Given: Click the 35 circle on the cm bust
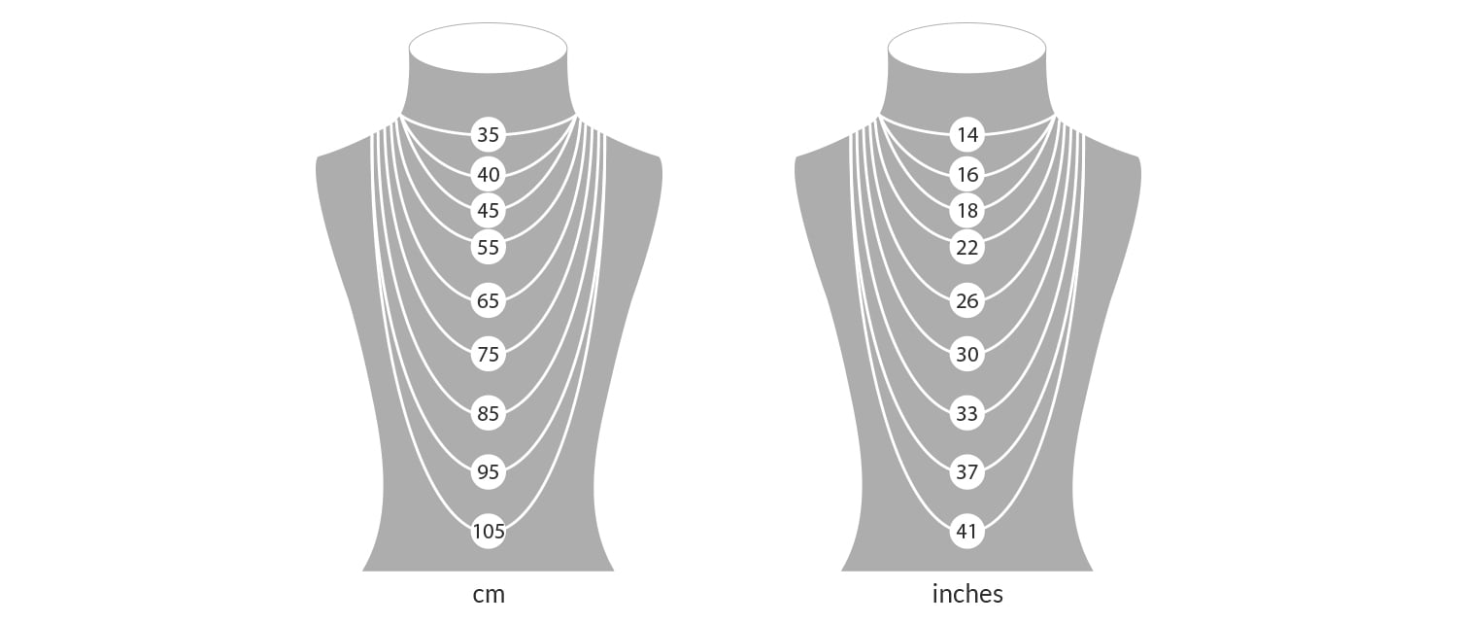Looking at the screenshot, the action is coord(489,135).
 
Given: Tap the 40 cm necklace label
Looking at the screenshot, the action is coord(489,174).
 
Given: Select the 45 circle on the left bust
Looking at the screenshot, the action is coord(489,211).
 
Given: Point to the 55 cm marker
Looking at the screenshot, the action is coord(489,247).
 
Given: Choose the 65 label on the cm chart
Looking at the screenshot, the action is coord(489,300).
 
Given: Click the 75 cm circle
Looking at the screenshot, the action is coord(489,354).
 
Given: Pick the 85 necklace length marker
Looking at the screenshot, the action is coord(489,413).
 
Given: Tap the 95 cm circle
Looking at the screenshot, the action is coord(489,471).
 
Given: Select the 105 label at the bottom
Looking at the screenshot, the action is coord(489,531).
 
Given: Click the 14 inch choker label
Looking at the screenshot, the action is coord(967,135).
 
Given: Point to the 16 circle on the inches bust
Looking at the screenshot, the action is coord(967,174).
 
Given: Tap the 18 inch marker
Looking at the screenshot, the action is coord(967,211).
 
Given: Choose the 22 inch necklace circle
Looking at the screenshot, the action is coord(967,247).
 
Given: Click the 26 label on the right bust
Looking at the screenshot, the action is coord(967,300).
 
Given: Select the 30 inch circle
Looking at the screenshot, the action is coord(967,354).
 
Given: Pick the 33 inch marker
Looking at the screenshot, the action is coord(967,413).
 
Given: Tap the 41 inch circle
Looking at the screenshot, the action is coord(967,531).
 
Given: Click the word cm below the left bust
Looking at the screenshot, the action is coord(489,595).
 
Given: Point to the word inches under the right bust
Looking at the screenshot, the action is coord(967,594).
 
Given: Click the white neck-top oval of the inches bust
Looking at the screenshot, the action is coord(966,49).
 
